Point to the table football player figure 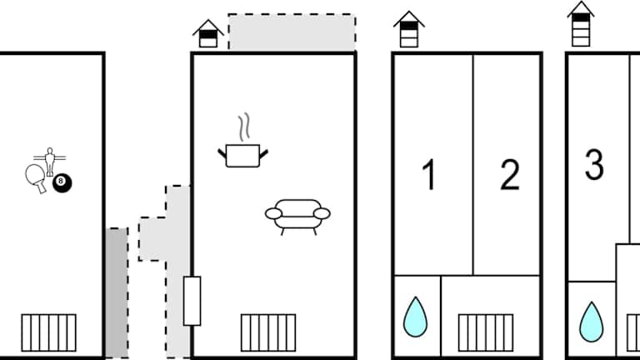pyautogui.click(x=48, y=157)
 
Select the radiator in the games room pyautogui.click(x=48, y=332)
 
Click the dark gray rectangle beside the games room pyautogui.click(x=117, y=292)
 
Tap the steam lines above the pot pyautogui.click(x=244, y=128)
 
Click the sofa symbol pyautogui.click(x=297, y=215)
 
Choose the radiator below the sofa pyautogui.click(x=268, y=332)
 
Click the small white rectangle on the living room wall pyautogui.click(x=192, y=300)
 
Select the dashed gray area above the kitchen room pyautogui.click(x=292, y=32)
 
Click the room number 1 pyautogui.click(x=429, y=175)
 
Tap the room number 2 pyautogui.click(x=510, y=175)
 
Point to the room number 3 pyautogui.click(x=594, y=165)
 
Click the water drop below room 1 pyautogui.click(x=414, y=317)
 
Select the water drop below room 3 pyautogui.click(x=591, y=321)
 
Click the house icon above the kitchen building pyautogui.click(x=208, y=33)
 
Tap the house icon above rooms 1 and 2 pyautogui.click(x=407, y=30)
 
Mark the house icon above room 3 pyautogui.click(x=581, y=24)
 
